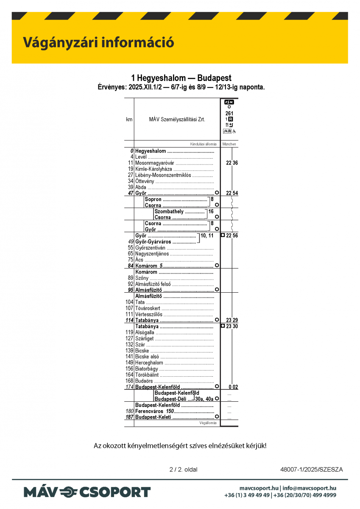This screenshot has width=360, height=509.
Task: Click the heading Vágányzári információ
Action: point(98,42)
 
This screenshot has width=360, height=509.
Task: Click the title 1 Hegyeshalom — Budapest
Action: point(181,78)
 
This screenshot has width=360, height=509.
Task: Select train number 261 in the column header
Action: point(229,113)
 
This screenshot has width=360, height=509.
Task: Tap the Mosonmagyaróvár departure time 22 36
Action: point(232,163)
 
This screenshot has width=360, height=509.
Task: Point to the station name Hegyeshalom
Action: point(151,151)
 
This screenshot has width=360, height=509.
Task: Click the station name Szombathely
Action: point(169,211)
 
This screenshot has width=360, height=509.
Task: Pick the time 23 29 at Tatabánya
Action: point(232,320)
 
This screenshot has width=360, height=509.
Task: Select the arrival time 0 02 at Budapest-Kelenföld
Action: point(233,387)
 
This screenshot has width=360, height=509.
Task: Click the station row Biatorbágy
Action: point(147,369)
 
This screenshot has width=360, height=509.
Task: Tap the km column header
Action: point(129,120)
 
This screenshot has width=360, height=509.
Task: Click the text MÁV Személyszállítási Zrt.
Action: point(177,120)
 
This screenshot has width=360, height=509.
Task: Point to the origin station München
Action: point(229,144)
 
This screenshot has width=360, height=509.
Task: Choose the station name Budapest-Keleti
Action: point(153,417)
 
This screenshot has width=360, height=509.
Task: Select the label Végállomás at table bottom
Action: point(208,423)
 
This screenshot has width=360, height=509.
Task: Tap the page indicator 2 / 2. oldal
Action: point(183,470)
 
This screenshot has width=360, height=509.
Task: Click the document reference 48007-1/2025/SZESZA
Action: point(311,470)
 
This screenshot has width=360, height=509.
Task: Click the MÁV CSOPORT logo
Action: point(87,492)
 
